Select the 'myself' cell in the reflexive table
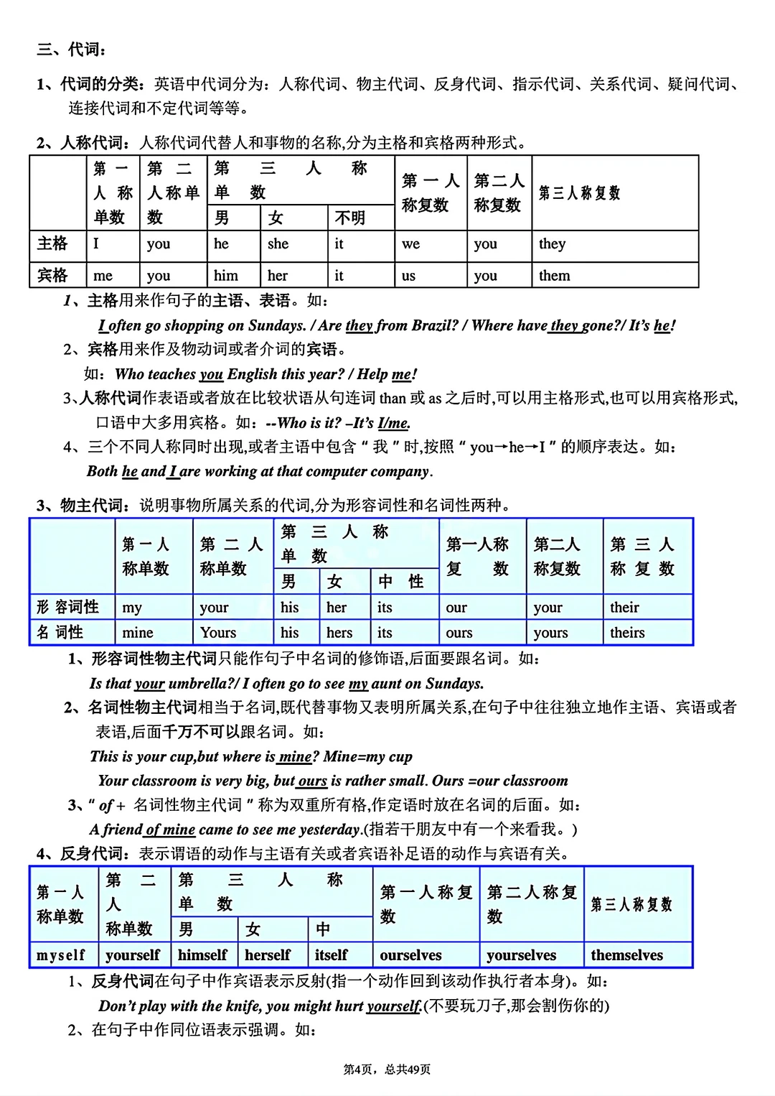61,955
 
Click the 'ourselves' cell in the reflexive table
410,955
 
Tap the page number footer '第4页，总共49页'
387,1069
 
